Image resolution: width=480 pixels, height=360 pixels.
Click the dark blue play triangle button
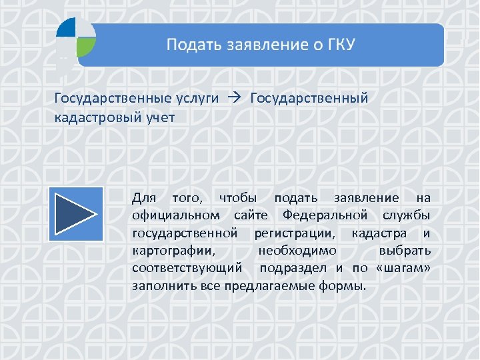click(74, 213)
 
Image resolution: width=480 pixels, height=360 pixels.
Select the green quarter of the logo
click(86, 46)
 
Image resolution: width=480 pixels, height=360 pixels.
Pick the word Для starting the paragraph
click(144, 198)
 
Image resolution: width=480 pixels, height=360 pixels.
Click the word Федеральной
click(325, 215)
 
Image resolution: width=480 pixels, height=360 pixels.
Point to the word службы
click(407, 215)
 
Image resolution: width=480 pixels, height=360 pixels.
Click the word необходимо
click(297, 251)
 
